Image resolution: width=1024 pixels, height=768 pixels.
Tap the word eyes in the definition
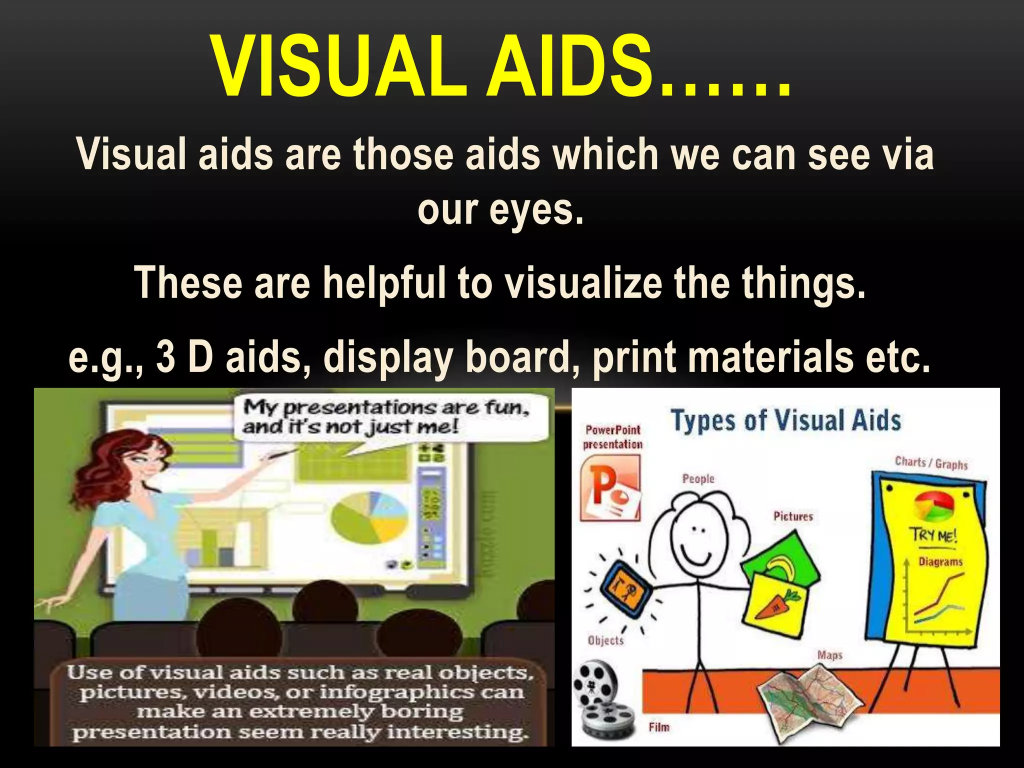(535, 210)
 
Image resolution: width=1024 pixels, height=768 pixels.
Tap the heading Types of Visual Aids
(785, 420)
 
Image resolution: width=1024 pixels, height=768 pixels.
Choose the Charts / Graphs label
(931, 463)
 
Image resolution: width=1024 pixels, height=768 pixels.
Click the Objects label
(605, 640)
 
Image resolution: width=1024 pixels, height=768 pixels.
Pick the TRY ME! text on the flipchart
(933, 535)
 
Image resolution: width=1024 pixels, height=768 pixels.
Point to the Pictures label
(793, 516)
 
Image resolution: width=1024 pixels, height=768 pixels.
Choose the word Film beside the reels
(658, 727)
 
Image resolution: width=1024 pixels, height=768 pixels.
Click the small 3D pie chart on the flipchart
(933, 506)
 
